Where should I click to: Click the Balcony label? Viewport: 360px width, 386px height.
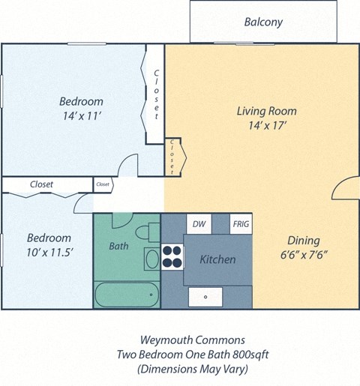click(263, 22)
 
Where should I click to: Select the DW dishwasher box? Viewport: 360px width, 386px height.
click(199, 223)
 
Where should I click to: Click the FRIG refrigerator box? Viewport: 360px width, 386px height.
click(241, 223)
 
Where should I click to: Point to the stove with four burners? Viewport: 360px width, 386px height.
click(173, 256)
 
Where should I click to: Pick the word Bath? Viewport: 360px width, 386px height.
click(119, 245)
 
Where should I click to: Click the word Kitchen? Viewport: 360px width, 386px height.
click(217, 259)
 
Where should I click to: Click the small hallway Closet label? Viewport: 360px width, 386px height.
click(103, 184)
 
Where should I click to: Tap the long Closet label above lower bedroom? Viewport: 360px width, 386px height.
click(41, 184)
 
